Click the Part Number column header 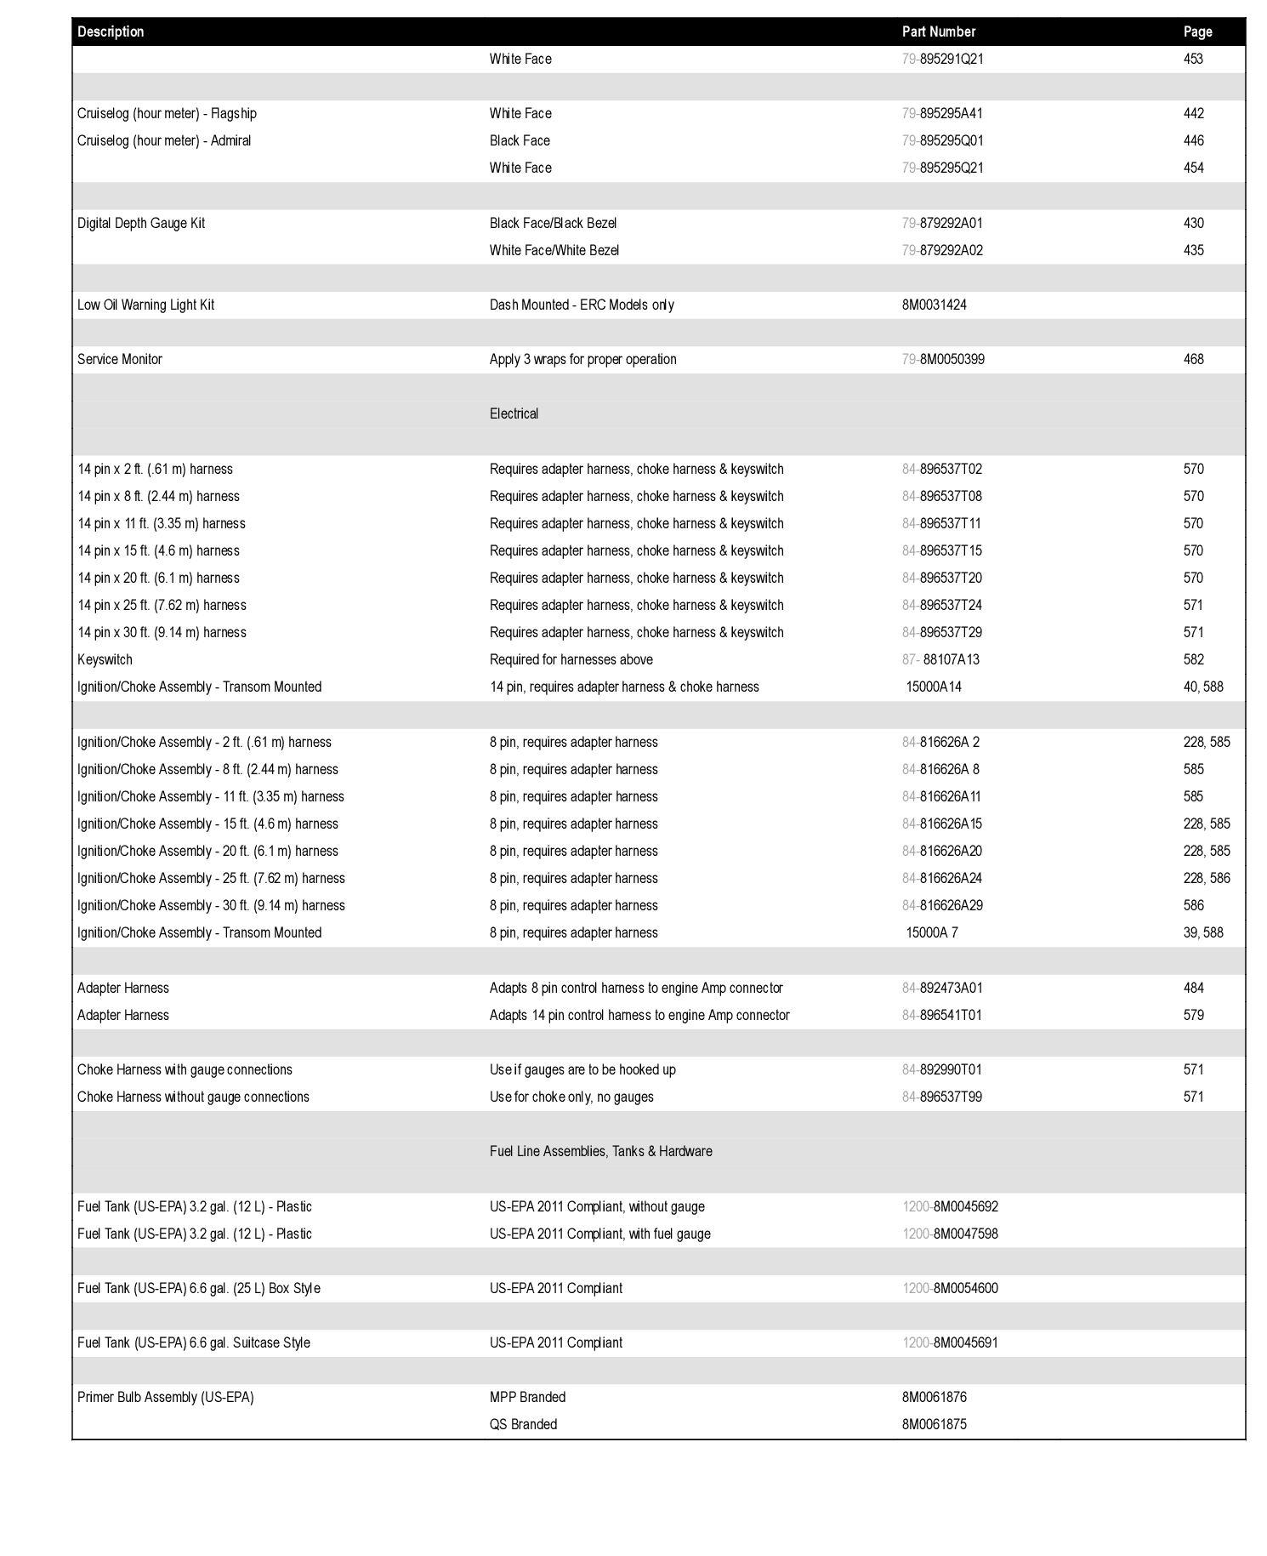click(x=938, y=31)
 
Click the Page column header click(x=1197, y=31)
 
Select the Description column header click(x=111, y=31)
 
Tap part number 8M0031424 click(x=934, y=305)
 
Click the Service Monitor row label click(x=120, y=359)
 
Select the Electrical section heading click(x=514, y=413)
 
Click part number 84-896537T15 click(x=942, y=550)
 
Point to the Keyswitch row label click(x=105, y=659)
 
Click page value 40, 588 click(x=1202, y=687)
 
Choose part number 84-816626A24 click(x=942, y=878)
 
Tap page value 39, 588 click(x=1202, y=932)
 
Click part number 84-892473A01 click(x=942, y=988)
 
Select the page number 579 click(x=1193, y=1015)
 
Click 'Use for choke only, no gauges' click(x=571, y=1097)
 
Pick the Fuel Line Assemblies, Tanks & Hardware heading click(x=600, y=1151)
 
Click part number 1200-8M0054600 click(x=950, y=1288)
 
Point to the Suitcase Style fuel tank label click(x=194, y=1342)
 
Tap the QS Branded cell click(x=523, y=1424)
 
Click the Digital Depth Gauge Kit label click(x=141, y=223)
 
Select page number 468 click(x=1193, y=359)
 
